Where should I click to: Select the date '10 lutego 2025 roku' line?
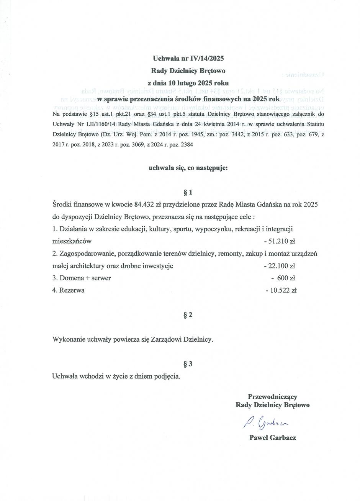pyautogui.click(x=188, y=82)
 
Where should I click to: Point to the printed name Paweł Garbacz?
pyautogui.click(x=272, y=437)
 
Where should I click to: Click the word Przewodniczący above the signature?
pyautogui.click(x=272, y=396)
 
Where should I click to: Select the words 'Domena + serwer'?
pyautogui.click(x=85, y=278)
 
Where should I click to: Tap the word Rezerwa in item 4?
pyautogui.click(x=72, y=290)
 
